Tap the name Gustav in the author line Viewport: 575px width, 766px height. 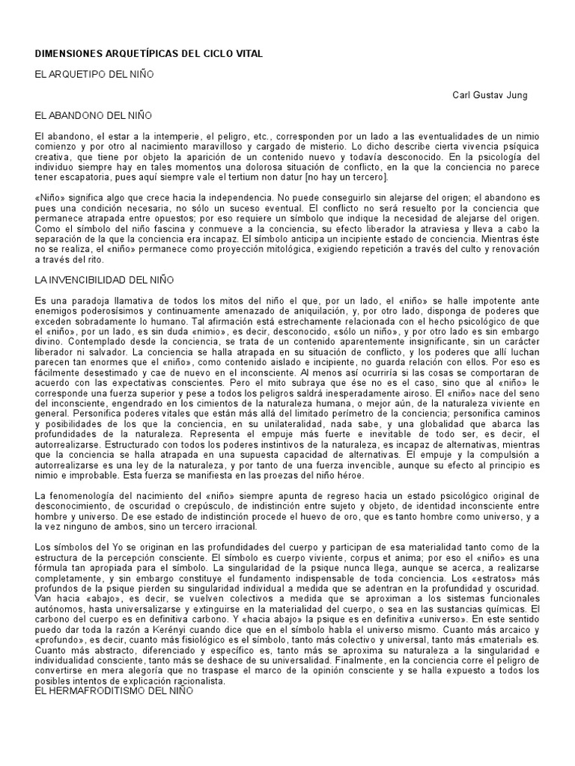coord(502,95)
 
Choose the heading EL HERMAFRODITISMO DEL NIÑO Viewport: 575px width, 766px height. coord(115,691)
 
